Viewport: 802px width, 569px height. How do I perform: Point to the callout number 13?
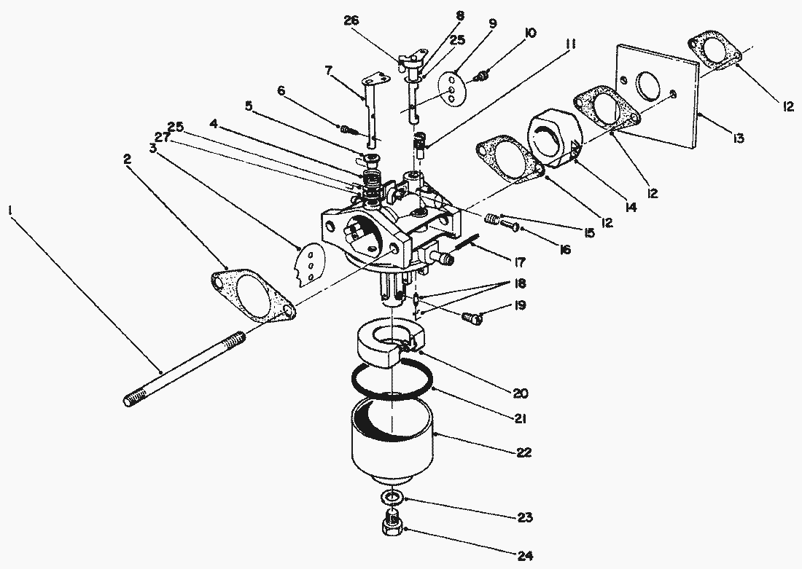tap(738, 138)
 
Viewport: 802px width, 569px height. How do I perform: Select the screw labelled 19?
tap(472, 317)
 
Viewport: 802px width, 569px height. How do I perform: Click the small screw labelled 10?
tap(482, 75)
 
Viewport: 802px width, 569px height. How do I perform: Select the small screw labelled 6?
tap(348, 130)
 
